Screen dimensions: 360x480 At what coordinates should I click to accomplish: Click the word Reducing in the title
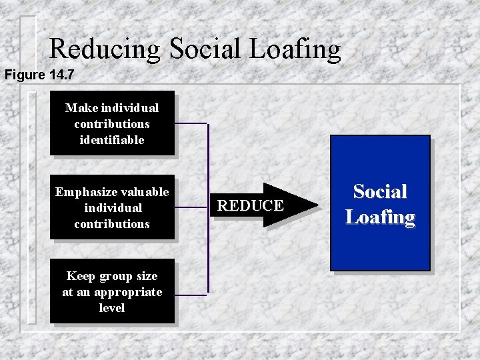click(x=105, y=49)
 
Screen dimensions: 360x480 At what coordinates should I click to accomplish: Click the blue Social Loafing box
click(x=380, y=203)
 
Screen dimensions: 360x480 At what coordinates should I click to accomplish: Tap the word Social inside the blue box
click(x=380, y=192)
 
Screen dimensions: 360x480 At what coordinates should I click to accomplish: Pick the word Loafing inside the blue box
click(x=380, y=217)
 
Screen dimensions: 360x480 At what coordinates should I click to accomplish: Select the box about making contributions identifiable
click(x=112, y=123)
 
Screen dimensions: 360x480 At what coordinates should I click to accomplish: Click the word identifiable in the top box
click(x=112, y=140)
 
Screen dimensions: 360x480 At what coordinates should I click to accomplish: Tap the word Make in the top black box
click(x=81, y=107)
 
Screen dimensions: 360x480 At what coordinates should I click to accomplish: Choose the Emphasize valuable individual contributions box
click(x=112, y=207)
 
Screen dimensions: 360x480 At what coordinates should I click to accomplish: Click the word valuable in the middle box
click(x=145, y=192)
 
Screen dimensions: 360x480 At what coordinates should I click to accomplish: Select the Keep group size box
click(x=112, y=291)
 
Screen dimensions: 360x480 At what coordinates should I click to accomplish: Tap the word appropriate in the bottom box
click(x=127, y=292)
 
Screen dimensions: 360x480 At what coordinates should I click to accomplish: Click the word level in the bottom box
click(x=112, y=308)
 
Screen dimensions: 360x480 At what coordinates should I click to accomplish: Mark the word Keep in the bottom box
click(x=80, y=276)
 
